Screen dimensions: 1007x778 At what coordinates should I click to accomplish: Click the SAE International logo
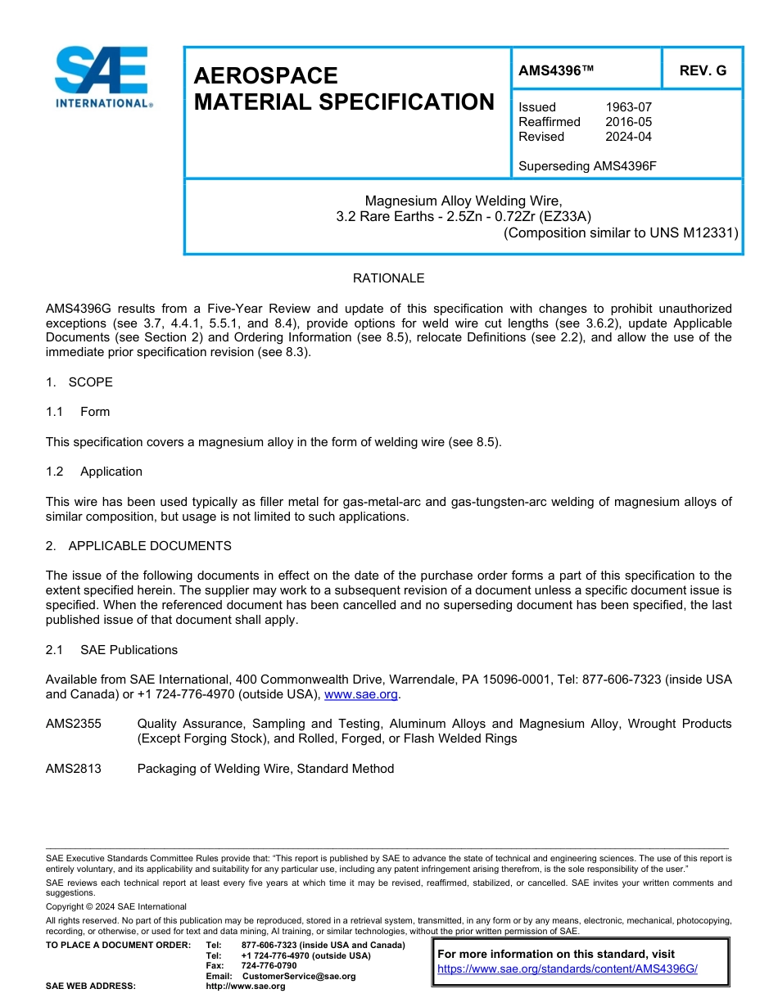pos(102,77)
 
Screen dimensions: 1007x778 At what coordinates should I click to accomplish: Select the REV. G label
pos(703,70)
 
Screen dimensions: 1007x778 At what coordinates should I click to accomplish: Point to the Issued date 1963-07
pos(628,107)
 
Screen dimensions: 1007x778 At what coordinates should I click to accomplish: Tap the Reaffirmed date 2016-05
pos(628,122)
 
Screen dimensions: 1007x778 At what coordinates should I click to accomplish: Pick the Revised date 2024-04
pos(628,137)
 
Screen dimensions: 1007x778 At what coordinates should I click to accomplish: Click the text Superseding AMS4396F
pos(587,166)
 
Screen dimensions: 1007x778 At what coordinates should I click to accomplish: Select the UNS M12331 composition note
pos(621,233)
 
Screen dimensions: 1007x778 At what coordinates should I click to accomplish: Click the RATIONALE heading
pos(388,278)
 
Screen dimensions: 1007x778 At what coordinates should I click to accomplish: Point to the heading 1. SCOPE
pos(79,382)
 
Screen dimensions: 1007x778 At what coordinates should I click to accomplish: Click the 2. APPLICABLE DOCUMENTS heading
pos(138,546)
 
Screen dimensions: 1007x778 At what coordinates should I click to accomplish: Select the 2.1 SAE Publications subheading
pos(111,650)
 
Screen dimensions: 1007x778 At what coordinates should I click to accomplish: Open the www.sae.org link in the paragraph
pos(361,694)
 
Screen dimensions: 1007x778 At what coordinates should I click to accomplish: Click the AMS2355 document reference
pos(74,724)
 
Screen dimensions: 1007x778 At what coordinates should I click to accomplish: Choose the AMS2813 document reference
pos(74,769)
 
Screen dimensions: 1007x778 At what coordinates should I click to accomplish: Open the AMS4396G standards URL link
pos(567,969)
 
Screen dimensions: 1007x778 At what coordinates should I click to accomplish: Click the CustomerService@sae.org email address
pos(299,976)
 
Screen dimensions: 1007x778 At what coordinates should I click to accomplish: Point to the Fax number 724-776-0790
pos(269,966)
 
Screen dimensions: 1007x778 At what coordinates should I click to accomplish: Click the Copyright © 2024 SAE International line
pos(116,906)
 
